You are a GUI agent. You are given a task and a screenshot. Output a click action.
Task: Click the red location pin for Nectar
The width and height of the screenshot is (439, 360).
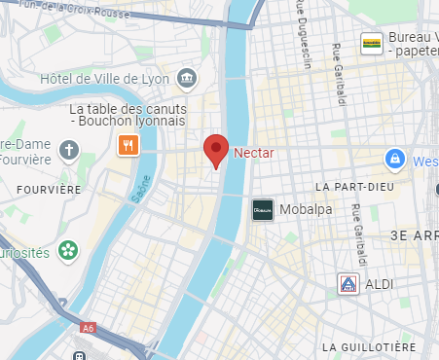click(x=216, y=151)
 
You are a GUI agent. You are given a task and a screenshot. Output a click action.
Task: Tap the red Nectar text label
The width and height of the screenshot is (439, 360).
click(x=253, y=152)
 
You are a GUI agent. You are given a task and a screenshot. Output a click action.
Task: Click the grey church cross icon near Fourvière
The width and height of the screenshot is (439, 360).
click(x=67, y=151)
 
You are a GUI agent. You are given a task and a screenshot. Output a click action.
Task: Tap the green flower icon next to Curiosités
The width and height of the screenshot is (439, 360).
click(x=67, y=250)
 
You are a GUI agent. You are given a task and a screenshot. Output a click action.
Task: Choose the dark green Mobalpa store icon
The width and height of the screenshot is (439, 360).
click(x=262, y=209)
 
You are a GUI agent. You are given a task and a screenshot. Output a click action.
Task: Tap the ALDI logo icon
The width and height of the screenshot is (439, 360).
click(x=347, y=284)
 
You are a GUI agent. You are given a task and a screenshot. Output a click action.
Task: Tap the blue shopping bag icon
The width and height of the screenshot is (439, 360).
click(x=394, y=159)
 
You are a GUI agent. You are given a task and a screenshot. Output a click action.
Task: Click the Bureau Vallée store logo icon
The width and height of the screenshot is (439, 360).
click(x=371, y=42)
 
